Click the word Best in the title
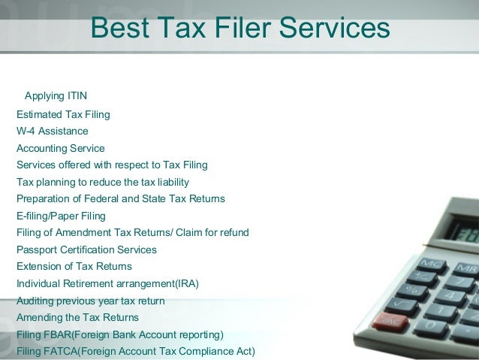click(x=115, y=29)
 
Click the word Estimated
click(x=41, y=114)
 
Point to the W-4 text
click(x=26, y=131)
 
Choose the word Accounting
click(x=42, y=148)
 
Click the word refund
click(x=233, y=232)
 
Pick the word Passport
click(x=37, y=250)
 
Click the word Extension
click(x=40, y=266)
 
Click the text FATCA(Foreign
click(x=81, y=351)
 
